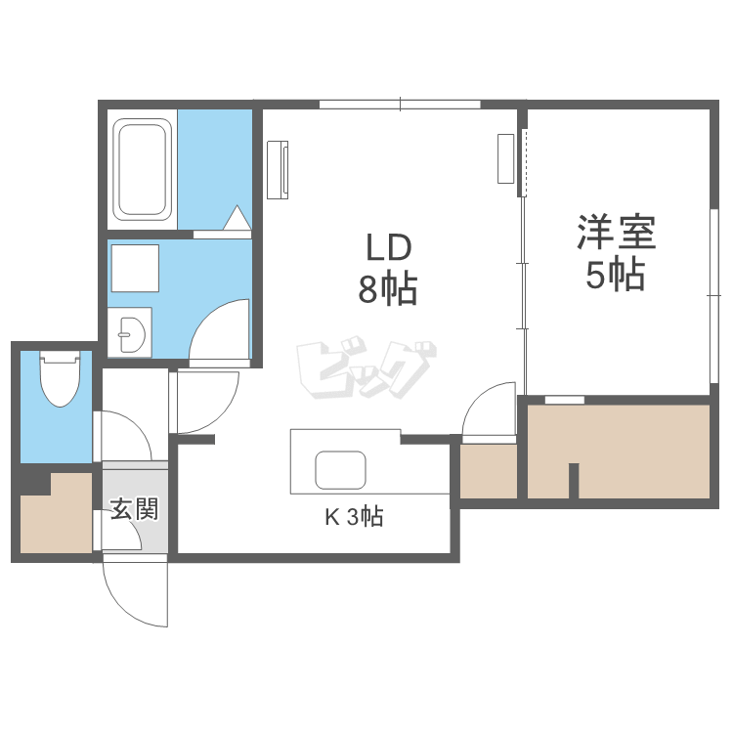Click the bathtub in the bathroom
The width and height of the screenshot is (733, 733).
[x=143, y=168]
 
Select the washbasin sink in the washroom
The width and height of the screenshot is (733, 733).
[x=132, y=334]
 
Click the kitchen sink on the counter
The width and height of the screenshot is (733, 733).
[x=340, y=470]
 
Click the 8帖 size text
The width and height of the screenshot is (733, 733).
[x=387, y=289]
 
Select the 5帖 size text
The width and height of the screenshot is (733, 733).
[x=615, y=276]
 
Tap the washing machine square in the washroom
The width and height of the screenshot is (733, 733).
[x=134, y=268]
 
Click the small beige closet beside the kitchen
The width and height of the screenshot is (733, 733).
[x=488, y=472]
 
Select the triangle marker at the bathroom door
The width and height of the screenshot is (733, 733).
[x=237, y=219]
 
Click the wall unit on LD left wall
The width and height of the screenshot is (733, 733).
[x=279, y=168]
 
